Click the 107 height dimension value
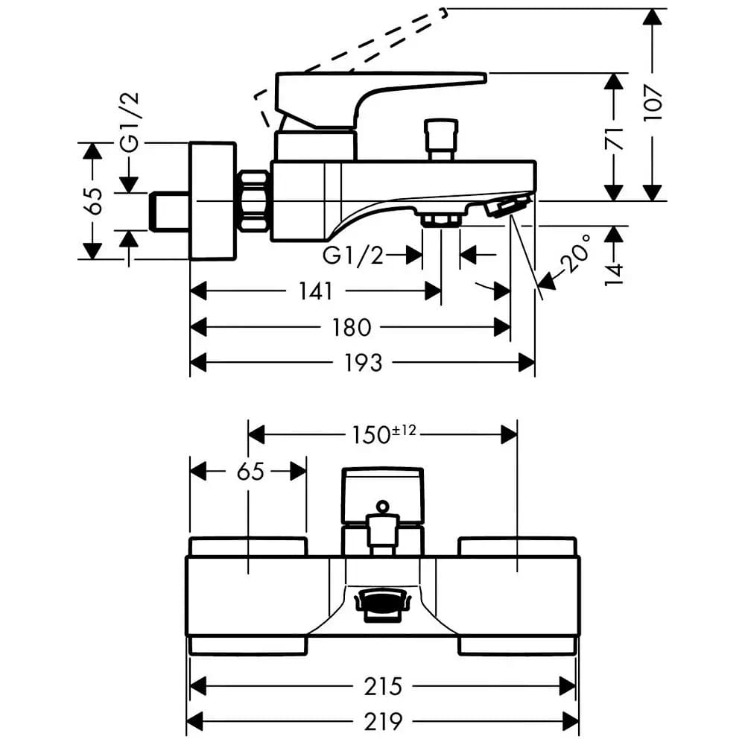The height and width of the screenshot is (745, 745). point(653,103)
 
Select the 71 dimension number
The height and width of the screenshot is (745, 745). point(614,138)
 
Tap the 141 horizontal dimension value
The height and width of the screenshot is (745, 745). point(315,291)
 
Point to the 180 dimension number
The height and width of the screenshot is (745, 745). point(351,327)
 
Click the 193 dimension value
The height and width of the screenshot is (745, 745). point(363,363)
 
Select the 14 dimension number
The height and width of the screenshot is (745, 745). point(614,275)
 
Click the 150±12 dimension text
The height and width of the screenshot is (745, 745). point(384,434)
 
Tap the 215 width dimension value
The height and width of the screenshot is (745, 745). point(383,686)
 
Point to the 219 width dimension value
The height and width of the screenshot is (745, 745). point(383,722)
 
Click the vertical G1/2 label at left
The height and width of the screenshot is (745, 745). point(130,122)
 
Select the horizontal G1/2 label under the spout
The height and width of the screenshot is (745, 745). point(353,256)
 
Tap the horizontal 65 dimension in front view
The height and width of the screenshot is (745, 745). point(250,472)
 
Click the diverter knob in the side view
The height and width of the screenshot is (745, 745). point(441,140)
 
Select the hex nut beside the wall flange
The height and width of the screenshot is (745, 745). point(253,201)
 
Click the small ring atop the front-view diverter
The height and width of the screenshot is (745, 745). point(382,507)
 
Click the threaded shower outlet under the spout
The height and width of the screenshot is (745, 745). point(441,220)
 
